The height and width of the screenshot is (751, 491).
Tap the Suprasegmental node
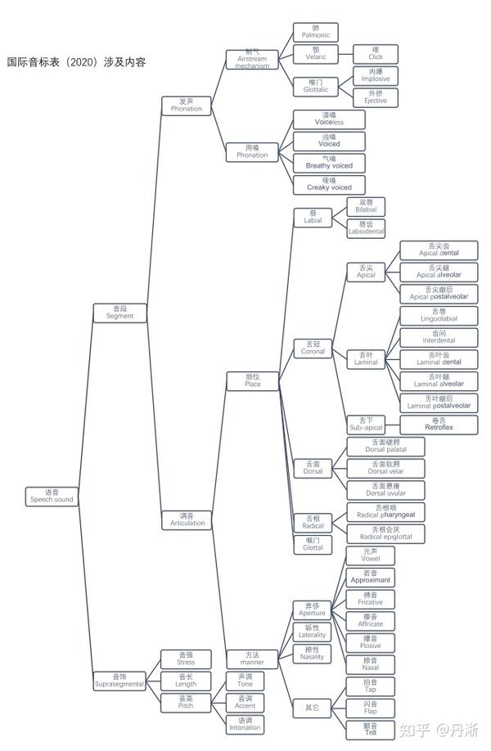click(119, 681)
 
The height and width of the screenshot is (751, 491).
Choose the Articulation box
click(187, 519)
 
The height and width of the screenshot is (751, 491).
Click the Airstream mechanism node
click(252, 60)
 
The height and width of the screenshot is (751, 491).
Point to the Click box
click(375, 54)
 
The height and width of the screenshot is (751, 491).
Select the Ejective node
click(375, 97)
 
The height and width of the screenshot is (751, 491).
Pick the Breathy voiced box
click(329, 163)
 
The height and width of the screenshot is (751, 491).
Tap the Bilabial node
click(366, 206)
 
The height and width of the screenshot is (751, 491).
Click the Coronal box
click(313, 349)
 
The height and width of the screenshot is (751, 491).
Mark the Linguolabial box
click(438, 317)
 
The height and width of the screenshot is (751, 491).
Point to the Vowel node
click(370, 556)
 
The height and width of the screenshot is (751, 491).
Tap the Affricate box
click(370, 621)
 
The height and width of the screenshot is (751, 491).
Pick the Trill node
click(370, 730)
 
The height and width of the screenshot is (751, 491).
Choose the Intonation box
click(245, 724)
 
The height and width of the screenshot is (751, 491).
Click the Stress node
click(186, 659)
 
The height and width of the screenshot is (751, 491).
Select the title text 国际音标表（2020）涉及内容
click(76, 62)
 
